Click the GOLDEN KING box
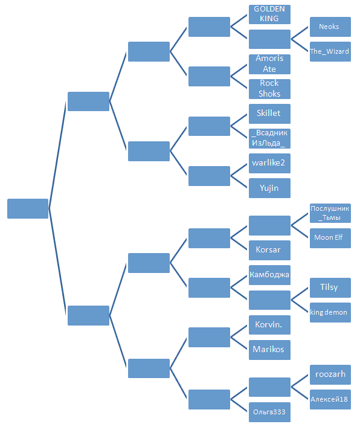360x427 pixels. [269, 14]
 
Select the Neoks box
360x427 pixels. [330, 27]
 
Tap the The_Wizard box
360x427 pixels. [330, 51]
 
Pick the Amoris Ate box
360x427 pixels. [269, 64]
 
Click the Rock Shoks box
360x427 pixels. [269, 89]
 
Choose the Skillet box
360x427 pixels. [269, 114]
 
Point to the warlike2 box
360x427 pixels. [269, 164]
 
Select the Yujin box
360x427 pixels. [269, 188]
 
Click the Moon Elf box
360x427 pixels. [330, 239]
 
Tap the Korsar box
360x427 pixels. [269, 250]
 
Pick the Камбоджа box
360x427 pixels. [269, 275]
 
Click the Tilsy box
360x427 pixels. [330, 287]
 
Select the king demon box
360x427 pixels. [330, 312]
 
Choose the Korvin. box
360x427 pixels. [269, 325]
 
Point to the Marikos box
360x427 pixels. [269, 350]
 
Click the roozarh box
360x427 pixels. [330, 374]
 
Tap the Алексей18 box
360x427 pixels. [330, 399]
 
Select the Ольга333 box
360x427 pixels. [269, 412]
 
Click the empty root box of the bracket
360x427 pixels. [28, 208]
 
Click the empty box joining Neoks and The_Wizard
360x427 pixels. [269, 39]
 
